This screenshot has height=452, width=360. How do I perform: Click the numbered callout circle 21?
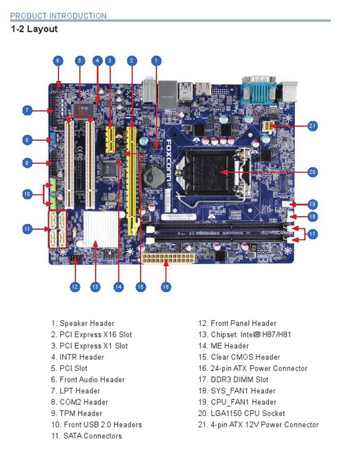click(x=313, y=126)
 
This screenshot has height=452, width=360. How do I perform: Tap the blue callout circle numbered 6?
click(x=58, y=61)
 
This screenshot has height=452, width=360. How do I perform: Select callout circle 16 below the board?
click(x=166, y=286)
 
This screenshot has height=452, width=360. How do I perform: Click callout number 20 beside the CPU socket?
click(x=313, y=172)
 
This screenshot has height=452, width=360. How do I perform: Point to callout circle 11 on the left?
click(x=27, y=229)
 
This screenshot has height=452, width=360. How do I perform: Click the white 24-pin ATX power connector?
click(x=166, y=258)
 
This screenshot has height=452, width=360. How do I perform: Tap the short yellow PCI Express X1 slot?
click(x=110, y=139)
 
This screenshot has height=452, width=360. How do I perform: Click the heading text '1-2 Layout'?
click(x=34, y=29)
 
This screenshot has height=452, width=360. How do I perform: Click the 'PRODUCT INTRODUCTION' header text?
click(x=58, y=16)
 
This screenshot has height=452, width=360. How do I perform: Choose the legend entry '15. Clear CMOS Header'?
click(x=245, y=357)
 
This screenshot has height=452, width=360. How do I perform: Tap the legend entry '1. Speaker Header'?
click(x=83, y=323)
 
